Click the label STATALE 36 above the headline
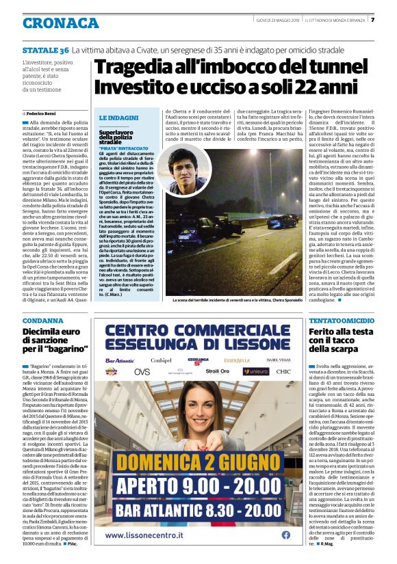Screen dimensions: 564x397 [x=46, y=51]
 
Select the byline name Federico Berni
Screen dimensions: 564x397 [x=42, y=112]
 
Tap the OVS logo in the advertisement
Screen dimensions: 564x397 [x=142, y=371]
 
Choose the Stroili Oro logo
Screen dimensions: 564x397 [x=217, y=371]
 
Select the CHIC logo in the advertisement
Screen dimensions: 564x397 [x=283, y=371]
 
